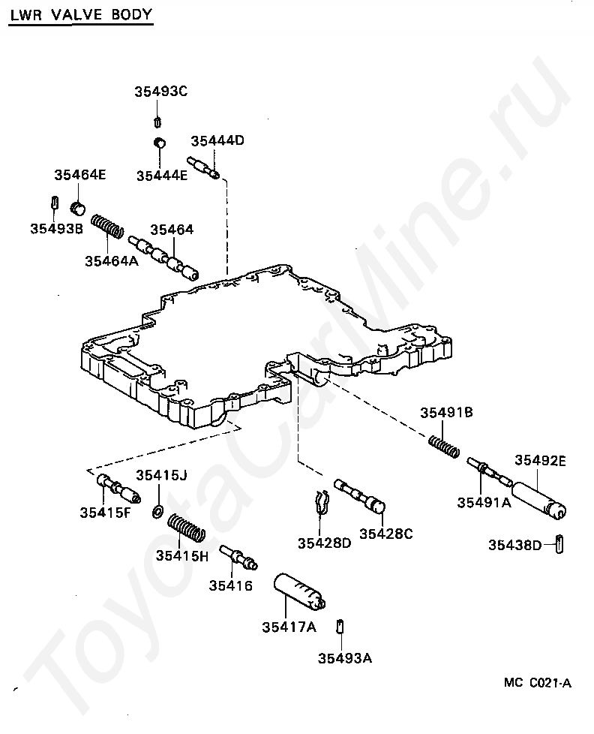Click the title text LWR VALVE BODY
pyautogui.click(x=82, y=15)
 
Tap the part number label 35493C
pyautogui.click(x=161, y=92)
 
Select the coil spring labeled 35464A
pyautogui.click(x=107, y=225)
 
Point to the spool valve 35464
pyautogui.click(x=163, y=257)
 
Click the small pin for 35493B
pyautogui.click(x=54, y=203)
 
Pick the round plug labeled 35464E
pyautogui.click(x=78, y=209)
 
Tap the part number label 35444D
pyautogui.click(x=217, y=140)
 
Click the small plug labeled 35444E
pyautogui.click(x=160, y=142)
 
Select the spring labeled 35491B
pyautogui.click(x=444, y=446)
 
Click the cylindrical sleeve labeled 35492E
pyautogui.click(x=539, y=500)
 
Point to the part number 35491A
pyautogui.click(x=484, y=503)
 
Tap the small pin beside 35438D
pyautogui.click(x=559, y=543)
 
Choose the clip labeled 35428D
pyautogui.click(x=320, y=502)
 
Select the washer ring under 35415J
pyautogui.click(x=157, y=512)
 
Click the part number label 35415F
pyautogui.click(x=105, y=513)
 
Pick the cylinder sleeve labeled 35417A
pyautogui.click(x=298, y=592)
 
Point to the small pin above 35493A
pyautogui.click(x=340, y=626)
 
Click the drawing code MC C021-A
pyautogui.click(x=538, y=683)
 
